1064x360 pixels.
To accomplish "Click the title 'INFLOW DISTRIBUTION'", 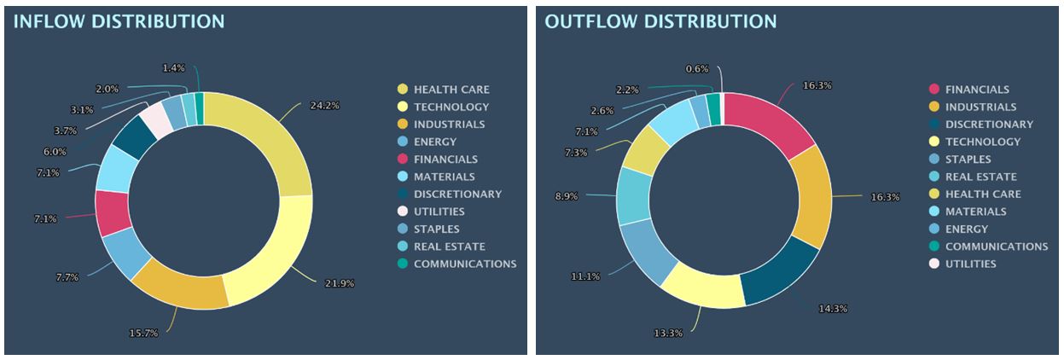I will [x=119, y=21].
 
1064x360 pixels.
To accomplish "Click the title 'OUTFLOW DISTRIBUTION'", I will [x=660, y=21].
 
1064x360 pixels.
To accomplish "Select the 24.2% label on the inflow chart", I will [x=324, y=106].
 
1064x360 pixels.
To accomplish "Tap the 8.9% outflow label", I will [x=566, y=196].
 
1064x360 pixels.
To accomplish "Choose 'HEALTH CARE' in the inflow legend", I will [x=451, y=90].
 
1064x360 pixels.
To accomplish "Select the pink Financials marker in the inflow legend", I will [x=402, y=160].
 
